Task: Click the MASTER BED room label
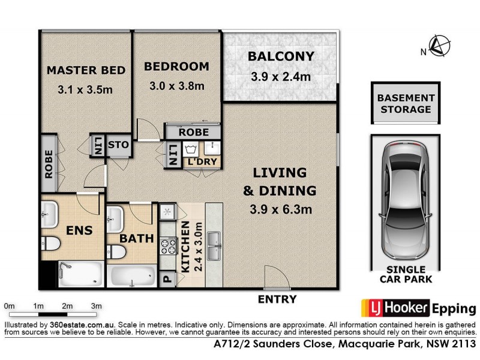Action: coord(86,70)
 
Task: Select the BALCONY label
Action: coord(281,56)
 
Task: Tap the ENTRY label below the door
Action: coord(277,299)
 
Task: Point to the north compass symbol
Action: coord(440,46)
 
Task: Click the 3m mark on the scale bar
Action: coord(96,306)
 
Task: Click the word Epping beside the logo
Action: coord(454,308)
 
